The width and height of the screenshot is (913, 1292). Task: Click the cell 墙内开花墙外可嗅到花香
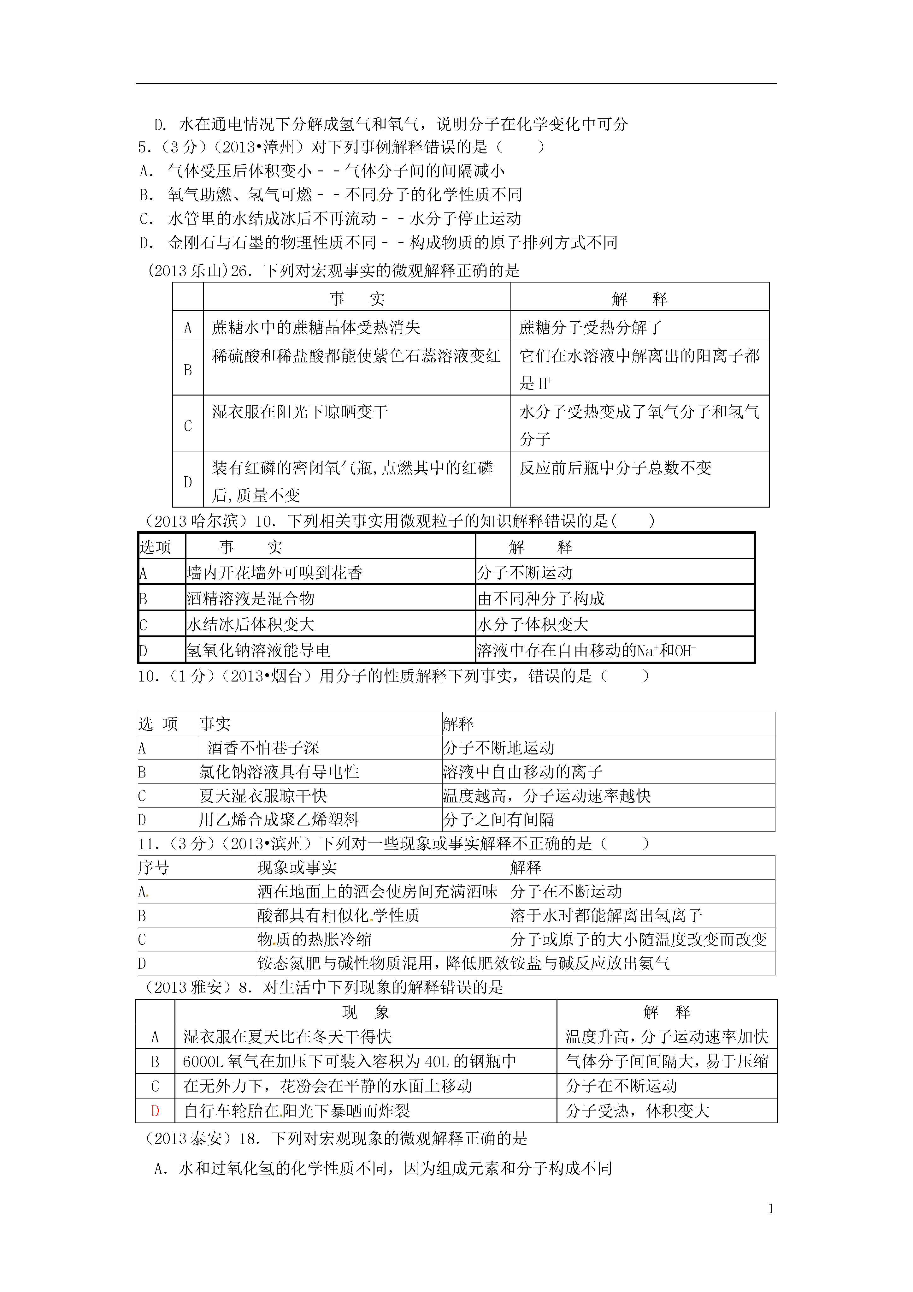274,573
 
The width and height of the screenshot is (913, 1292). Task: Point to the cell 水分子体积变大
533,624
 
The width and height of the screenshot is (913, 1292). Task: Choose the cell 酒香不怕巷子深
263,748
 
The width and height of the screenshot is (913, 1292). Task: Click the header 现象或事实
297,867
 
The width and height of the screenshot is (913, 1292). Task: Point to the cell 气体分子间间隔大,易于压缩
667,1061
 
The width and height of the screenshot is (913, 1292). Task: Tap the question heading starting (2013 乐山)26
333,271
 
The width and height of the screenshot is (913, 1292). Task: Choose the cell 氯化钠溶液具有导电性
279,771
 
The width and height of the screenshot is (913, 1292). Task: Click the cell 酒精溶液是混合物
250,598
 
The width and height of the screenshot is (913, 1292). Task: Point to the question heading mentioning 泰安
335,1138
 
